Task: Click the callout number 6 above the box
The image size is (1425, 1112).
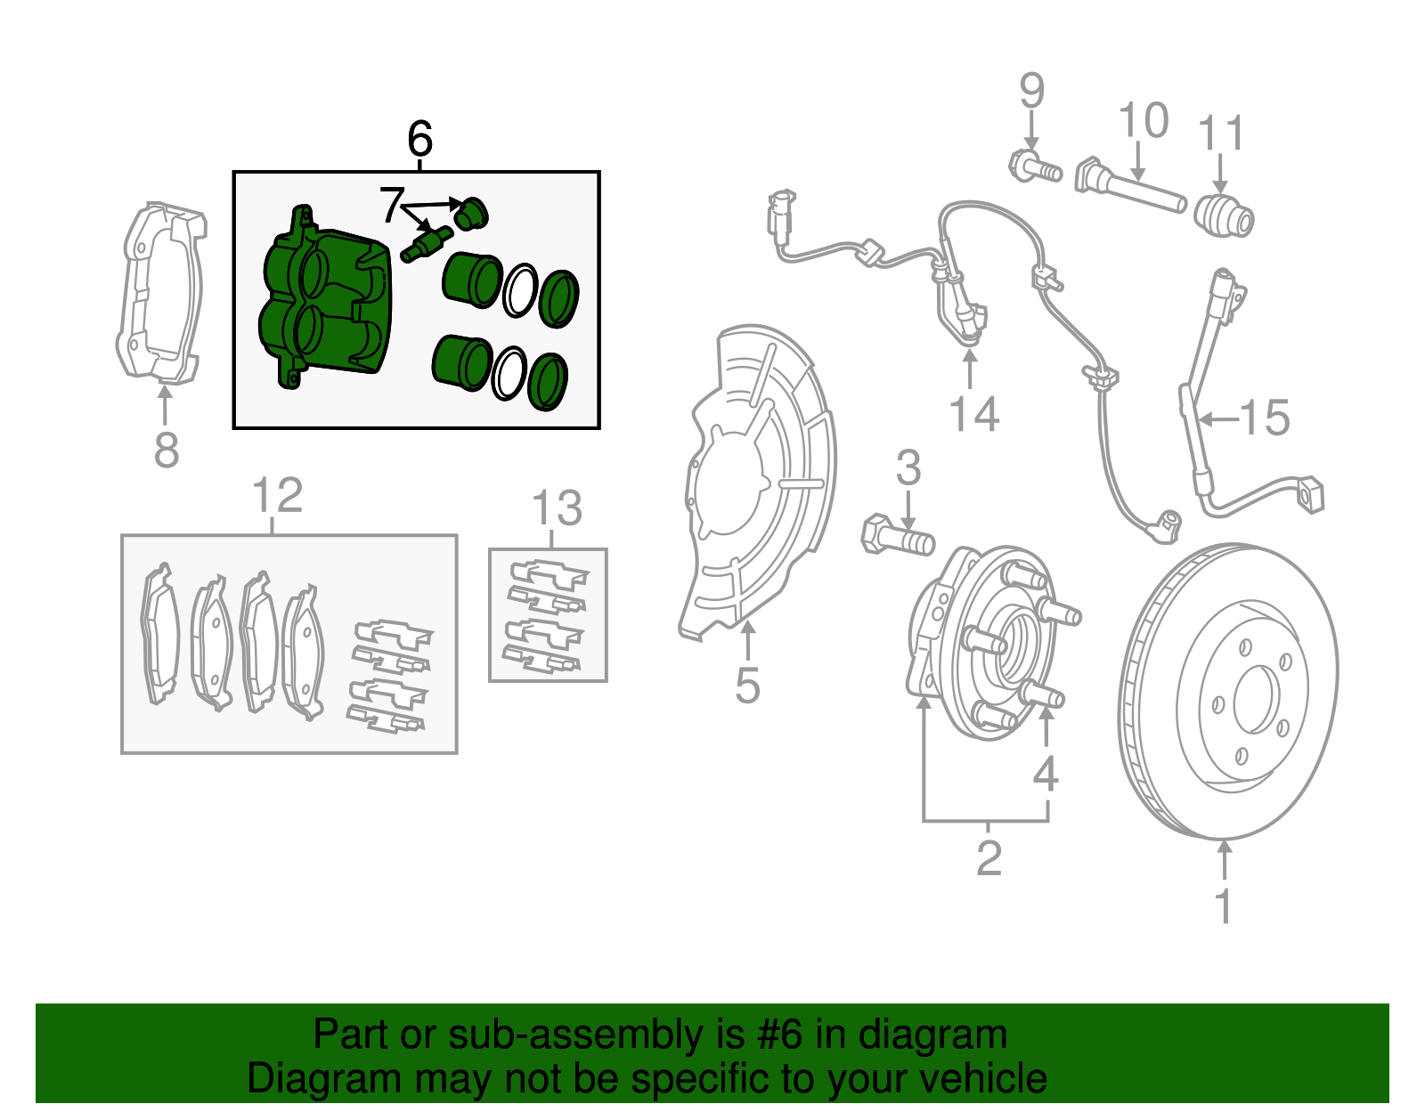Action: (419, 140)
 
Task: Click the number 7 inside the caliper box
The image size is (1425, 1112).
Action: (392, 206)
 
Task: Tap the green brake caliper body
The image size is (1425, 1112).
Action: (325, 303)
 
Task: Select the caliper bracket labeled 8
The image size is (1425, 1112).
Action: (160, 294)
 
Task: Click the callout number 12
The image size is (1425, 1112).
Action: (277, 495)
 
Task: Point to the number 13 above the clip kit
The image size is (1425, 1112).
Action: (557, 509)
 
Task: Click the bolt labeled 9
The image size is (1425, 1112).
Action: (1034, 166)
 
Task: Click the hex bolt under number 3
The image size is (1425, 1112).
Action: (896, 536)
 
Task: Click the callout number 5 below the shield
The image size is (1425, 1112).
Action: (747, 686)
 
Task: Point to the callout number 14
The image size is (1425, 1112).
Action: (973, 415)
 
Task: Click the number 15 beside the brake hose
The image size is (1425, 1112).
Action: (1265, 418)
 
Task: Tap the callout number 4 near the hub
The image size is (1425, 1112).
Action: (1046, 773)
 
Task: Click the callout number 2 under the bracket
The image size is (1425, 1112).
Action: (989, 858)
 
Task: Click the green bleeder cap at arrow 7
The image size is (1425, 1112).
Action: (470, 214)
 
